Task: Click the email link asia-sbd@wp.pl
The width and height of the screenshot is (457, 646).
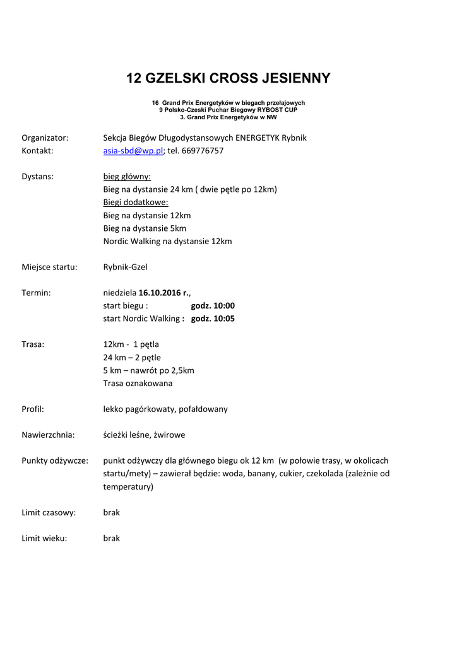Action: [x=133, y=151]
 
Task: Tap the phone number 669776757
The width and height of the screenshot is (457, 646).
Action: [x=203, y=151]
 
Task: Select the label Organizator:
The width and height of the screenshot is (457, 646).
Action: [x=45, y=138]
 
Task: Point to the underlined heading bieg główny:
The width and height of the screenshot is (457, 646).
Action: [x=127, y=177]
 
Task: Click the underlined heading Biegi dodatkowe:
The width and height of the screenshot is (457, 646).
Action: [x=136, y=203]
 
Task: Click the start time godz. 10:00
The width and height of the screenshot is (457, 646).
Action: [x=213, y=305]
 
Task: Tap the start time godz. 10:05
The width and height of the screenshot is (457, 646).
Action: [x=213, y=319]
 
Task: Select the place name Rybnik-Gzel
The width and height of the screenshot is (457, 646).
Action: [x=125, y=267]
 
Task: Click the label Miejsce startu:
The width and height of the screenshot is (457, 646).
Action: [x=49, y=267]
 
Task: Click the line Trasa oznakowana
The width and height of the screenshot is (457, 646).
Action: [x=138, y=383]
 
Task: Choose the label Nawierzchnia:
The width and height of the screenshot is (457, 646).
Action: [x=48, y=435]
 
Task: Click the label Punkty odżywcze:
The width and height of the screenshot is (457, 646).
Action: [x=55, y=461]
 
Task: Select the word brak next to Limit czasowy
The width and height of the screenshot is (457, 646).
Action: [x=111, y=512]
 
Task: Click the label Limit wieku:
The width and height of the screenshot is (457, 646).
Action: [x=44, y=538]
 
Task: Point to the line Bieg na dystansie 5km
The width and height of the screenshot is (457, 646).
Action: [x=145, y=228]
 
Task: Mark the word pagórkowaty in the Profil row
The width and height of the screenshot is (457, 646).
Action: [x=146, y=409]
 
